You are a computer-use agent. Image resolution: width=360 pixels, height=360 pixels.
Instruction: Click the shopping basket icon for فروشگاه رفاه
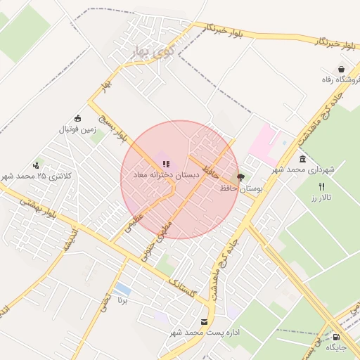[x=341, y=70]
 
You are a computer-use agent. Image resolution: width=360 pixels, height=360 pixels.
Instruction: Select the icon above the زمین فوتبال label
[x=77, y=118]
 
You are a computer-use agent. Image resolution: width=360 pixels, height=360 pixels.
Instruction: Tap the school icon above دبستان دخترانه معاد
[x=165, y=164]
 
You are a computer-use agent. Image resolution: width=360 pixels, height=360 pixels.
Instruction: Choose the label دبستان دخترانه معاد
[x=166, y=174]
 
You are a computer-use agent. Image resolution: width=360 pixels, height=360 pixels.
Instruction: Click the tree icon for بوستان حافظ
[x=241, y=178]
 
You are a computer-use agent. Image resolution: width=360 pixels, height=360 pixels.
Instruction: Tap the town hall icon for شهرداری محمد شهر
[x=302, y=159]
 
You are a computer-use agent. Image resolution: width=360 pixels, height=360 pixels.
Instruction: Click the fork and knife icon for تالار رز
[x=321, y=187]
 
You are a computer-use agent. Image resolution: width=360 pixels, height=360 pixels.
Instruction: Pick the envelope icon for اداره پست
[x=204, y=321]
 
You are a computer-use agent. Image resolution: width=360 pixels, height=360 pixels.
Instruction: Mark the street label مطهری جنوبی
[x=157, y=243]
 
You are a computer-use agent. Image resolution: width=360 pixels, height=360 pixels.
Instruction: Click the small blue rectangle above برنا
[x=121, y=289]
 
